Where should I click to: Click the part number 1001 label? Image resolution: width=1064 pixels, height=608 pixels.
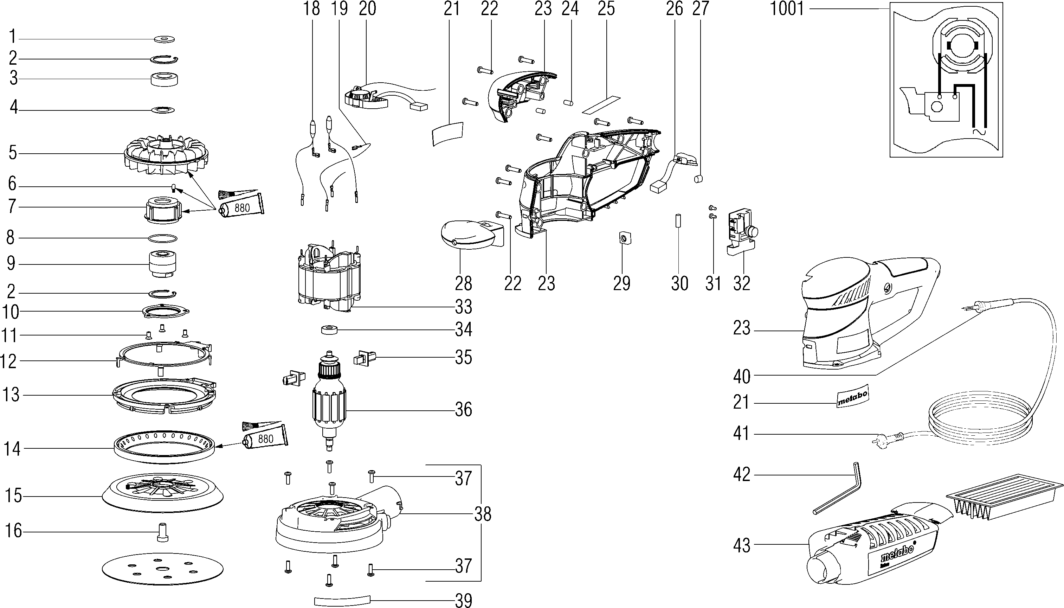(786, 9)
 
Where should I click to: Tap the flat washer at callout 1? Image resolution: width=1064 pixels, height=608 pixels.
(165, 40)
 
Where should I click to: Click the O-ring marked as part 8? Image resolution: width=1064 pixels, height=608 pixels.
(163, 238)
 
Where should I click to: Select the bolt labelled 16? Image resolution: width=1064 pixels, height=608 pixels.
(162, 532)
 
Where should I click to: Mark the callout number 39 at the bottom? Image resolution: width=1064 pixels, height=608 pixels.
(463, 601)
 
